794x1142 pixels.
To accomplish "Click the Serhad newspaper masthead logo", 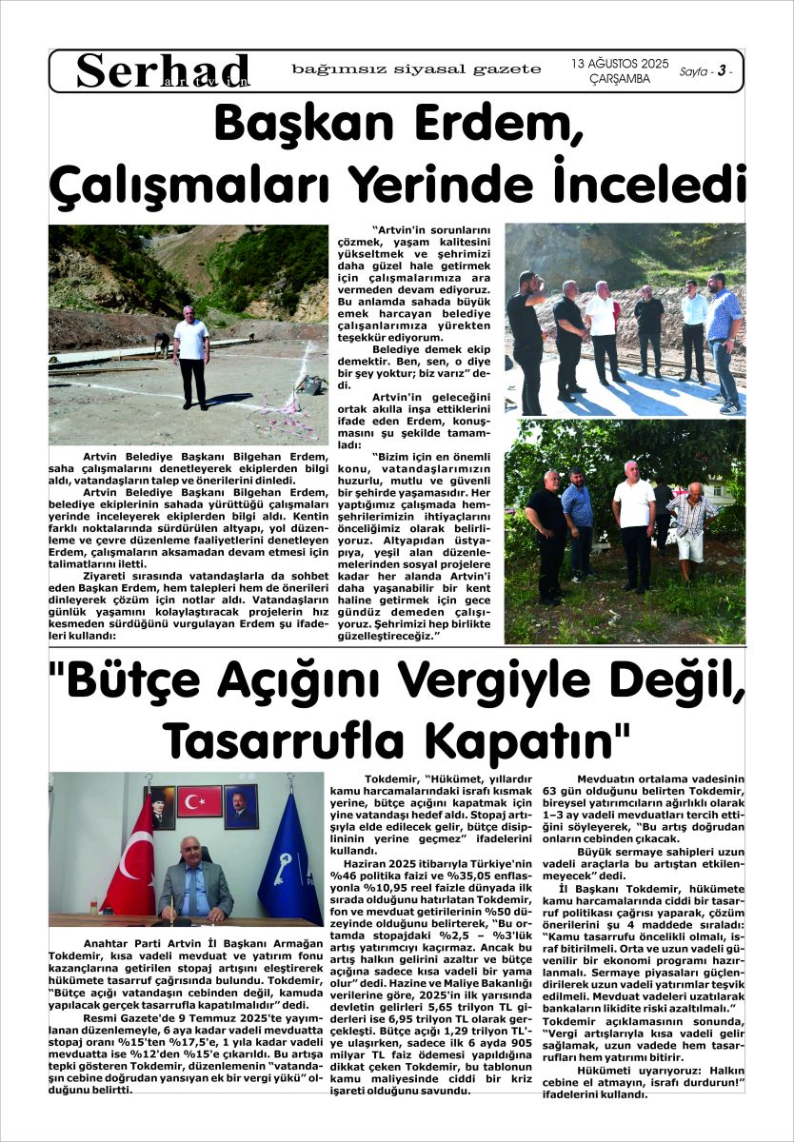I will coord(163,70).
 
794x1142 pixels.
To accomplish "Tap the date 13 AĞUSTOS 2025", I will coord(620,64).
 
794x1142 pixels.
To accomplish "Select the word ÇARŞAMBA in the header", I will coord(620,79).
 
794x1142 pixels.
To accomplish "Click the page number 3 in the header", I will coord(723,71).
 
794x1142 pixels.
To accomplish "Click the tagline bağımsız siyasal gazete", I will coord(417,69).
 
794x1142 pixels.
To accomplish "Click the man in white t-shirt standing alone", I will coord(192,354).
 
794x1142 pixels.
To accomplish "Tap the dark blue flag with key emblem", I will coord(288,862).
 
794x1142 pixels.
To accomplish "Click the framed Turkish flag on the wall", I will coord(199,801).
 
